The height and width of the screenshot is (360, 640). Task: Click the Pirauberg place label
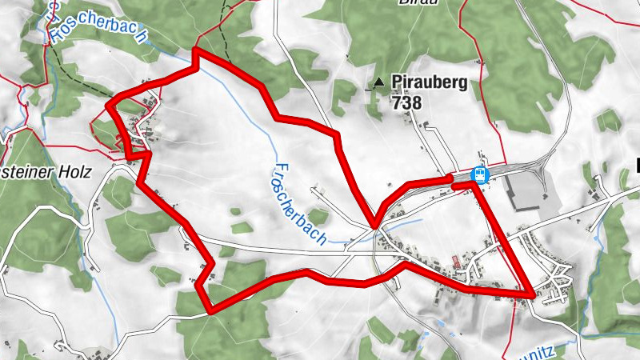coord(429,82)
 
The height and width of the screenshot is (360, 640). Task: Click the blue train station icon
coord(480,173)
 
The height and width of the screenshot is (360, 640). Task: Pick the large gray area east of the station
coord(527,191)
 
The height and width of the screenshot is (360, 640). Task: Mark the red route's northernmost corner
coord(196,51)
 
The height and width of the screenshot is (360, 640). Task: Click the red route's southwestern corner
coord(209,310)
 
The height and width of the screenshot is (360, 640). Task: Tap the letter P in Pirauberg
coord(397,82)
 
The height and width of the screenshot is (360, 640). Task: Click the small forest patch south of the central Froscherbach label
coord(318,216)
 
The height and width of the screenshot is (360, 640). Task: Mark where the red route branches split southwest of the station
coord(374,226)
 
